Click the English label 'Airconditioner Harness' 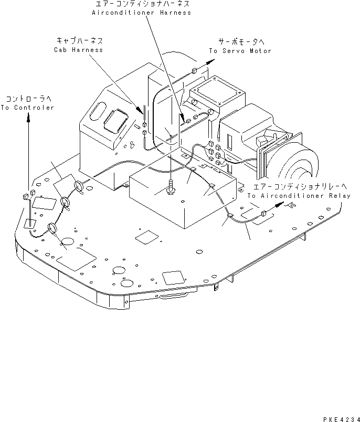click(x=141, y=13)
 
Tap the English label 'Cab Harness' click(x=78, y=50)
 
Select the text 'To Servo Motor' click(x=240, y=51)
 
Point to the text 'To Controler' click(x=27, y=108)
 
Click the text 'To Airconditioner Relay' click(x=299, y=196)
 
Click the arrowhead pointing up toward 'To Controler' click(x=28, y=118)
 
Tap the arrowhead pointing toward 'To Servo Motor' click(x=211, y=61)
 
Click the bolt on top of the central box click(x=171, y=187)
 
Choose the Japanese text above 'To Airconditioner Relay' click(x=299, y=186)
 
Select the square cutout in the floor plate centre click(x=145, y=237)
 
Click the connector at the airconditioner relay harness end click(x=262, y=214)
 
